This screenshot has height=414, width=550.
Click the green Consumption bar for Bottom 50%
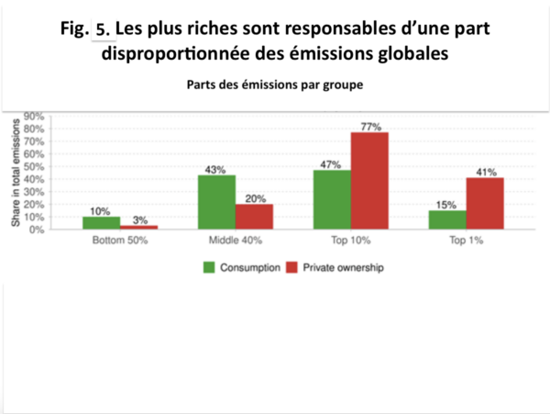click(x=101, y=223)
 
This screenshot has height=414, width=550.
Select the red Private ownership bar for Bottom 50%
click(x=138, y=227)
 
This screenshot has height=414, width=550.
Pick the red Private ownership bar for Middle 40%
click(x=254, y=217)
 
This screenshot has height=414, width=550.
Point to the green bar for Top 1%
click(x=447, y=219)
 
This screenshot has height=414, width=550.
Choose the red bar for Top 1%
click(x=485, y=203)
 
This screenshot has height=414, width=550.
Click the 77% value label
click(x=370, y=125)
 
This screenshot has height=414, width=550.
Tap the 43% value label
click(x=216, y=168)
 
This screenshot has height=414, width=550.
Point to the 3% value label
click(x=139, y=218)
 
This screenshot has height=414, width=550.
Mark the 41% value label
click(x=486, y=171)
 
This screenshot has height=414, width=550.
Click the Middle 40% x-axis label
click(x=235, y=241)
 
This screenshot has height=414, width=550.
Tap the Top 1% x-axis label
click(x=466, y=241)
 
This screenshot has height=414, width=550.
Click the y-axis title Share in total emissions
click(x=15, y=173)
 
